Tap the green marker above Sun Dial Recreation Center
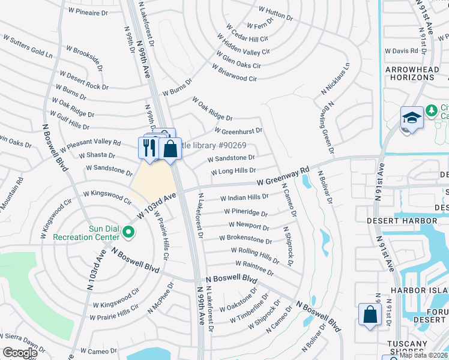127,231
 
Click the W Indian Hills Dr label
244,197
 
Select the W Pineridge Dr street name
246,212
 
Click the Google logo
19,353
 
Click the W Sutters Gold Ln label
28,46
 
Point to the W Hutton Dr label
276,14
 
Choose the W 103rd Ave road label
158,204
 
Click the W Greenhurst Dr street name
238,130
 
